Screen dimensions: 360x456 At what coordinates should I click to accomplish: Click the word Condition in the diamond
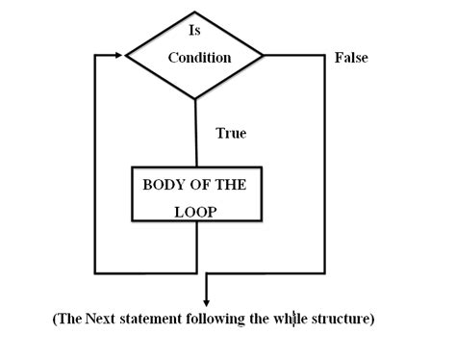click(199, 58)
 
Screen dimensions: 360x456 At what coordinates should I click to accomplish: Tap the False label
click(351, 59)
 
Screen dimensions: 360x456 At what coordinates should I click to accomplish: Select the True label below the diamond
click(231, 134)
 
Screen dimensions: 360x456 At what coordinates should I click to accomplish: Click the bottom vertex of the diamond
click(196, 98)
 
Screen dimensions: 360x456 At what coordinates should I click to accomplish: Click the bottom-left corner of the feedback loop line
click(95, 272)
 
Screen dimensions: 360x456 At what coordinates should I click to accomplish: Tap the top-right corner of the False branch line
click(325, 56)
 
